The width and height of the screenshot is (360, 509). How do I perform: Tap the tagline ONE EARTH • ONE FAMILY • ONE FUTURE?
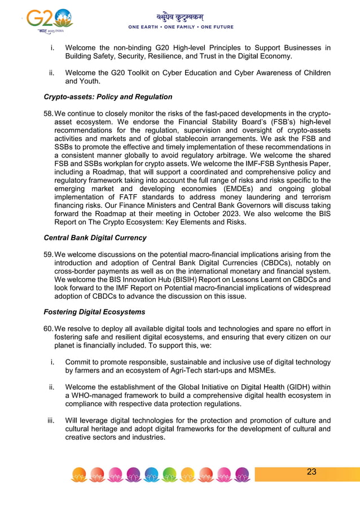(x=181, y=27)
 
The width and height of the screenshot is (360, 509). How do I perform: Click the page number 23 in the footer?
(x=311, y=472)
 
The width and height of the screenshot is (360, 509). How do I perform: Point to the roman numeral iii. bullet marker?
(x=51, y=420)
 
